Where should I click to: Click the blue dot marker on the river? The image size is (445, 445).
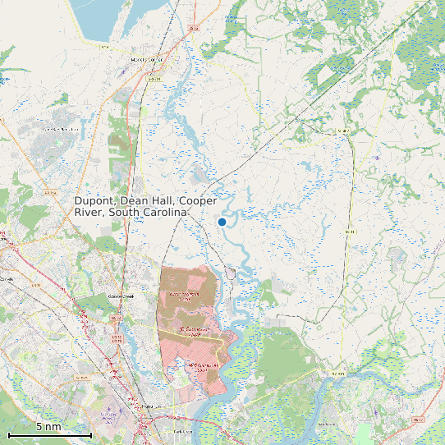tap(222, 222)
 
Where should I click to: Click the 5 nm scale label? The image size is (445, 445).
tap(48, 426)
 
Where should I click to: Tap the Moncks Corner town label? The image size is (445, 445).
tap(149, 59)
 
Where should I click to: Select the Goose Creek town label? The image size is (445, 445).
tap(121, 296)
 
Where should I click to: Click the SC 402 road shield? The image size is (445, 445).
tap(344, 131)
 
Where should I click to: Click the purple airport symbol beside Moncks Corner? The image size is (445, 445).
tap(123, 72)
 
